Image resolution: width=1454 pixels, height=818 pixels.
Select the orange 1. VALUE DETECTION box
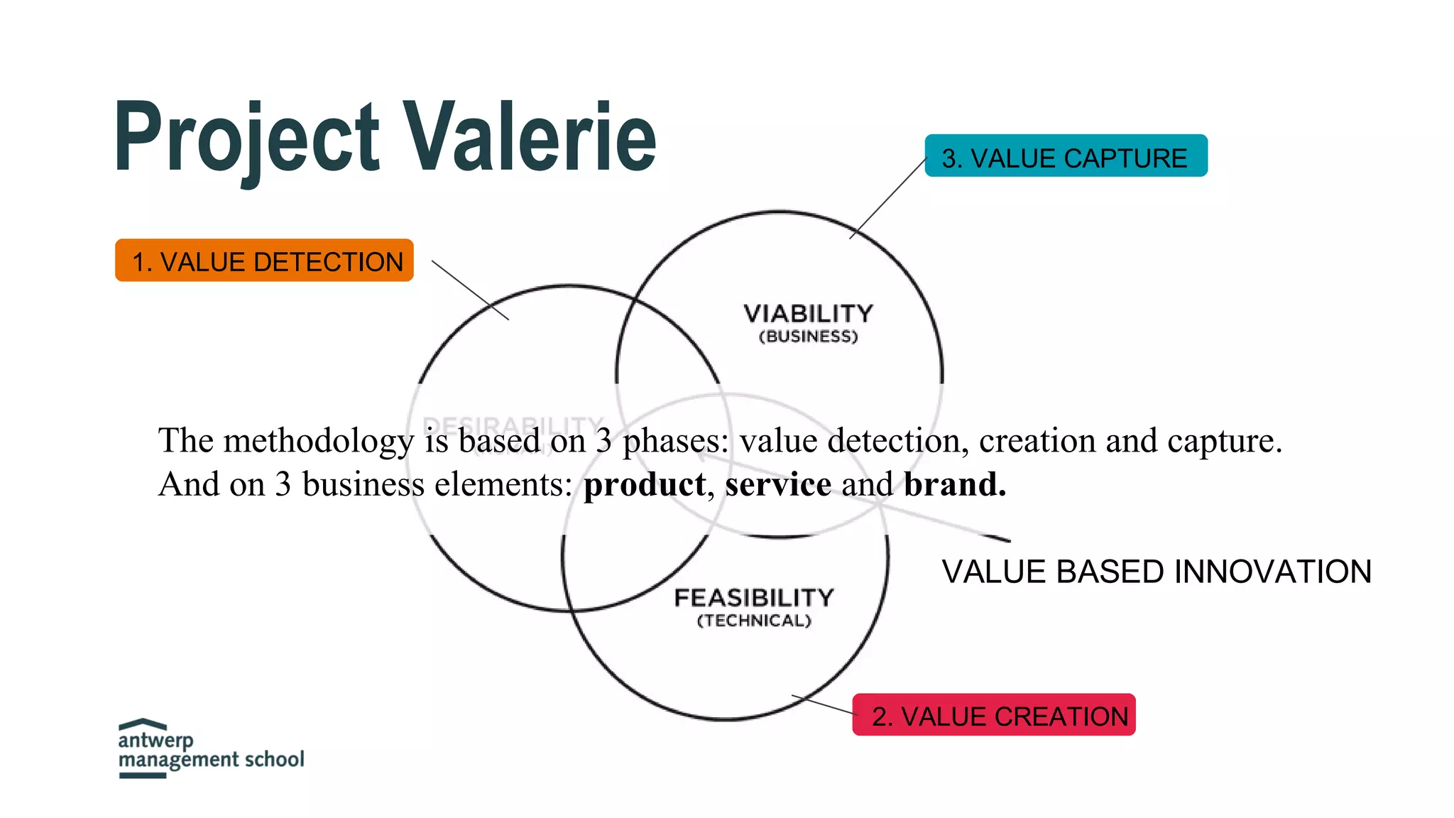(264, 261)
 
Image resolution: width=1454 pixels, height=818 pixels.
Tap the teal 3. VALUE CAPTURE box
(1065, 156)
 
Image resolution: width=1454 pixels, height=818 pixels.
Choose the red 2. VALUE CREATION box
(993, 715)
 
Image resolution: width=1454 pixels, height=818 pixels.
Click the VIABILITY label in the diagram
(808, 314)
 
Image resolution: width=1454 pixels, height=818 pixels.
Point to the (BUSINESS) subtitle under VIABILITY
(808, 337)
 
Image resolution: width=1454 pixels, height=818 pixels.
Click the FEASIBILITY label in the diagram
(753, 598)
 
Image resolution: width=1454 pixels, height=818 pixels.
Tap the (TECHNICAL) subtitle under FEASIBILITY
(753, 621)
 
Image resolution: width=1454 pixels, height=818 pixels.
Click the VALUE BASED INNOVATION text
(1156, 572)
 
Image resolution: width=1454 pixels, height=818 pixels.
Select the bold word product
(644, 484)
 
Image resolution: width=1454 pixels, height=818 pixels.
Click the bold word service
(777, 484)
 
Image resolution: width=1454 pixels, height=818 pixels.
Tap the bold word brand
(954, 484)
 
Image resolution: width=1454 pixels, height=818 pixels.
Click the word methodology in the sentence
(318, 442)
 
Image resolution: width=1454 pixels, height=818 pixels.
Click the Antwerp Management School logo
(210, 749)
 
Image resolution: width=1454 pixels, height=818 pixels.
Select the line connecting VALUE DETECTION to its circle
(470, 290)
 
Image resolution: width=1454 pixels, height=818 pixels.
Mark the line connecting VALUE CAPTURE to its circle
(889, 197)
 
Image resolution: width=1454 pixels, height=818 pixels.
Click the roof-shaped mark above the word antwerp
(143, 724)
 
